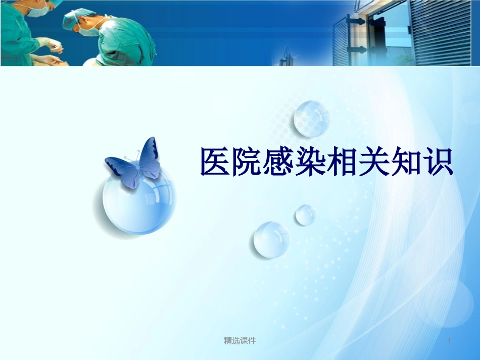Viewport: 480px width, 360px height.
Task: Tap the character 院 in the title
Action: tap(248, 162)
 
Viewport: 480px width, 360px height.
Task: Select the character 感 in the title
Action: tap(280, 162)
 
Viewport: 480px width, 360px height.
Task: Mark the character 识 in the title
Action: tap(438, 162)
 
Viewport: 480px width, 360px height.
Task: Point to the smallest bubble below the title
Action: tap(305, 215)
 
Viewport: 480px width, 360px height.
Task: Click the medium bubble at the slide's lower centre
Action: tap(271, 239)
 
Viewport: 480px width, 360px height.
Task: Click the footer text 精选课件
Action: tap(240, 341)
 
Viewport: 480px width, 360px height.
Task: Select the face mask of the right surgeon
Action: tap(89, 31)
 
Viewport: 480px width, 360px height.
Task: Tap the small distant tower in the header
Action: tap(287, 56)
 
